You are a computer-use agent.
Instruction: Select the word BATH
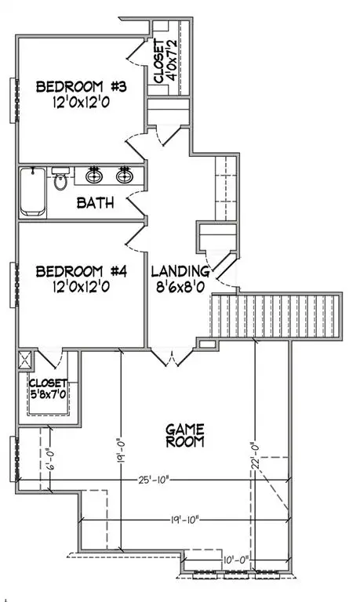96,203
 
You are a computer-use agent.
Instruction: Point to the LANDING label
180,271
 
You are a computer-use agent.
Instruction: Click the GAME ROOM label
185,435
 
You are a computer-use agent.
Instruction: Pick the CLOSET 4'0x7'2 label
164,60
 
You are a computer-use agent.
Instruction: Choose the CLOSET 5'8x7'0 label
49,390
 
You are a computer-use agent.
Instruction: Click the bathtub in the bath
33,191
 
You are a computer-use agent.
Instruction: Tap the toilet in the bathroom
61,181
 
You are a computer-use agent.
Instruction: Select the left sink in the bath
94,174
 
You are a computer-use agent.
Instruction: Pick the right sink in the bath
124,174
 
